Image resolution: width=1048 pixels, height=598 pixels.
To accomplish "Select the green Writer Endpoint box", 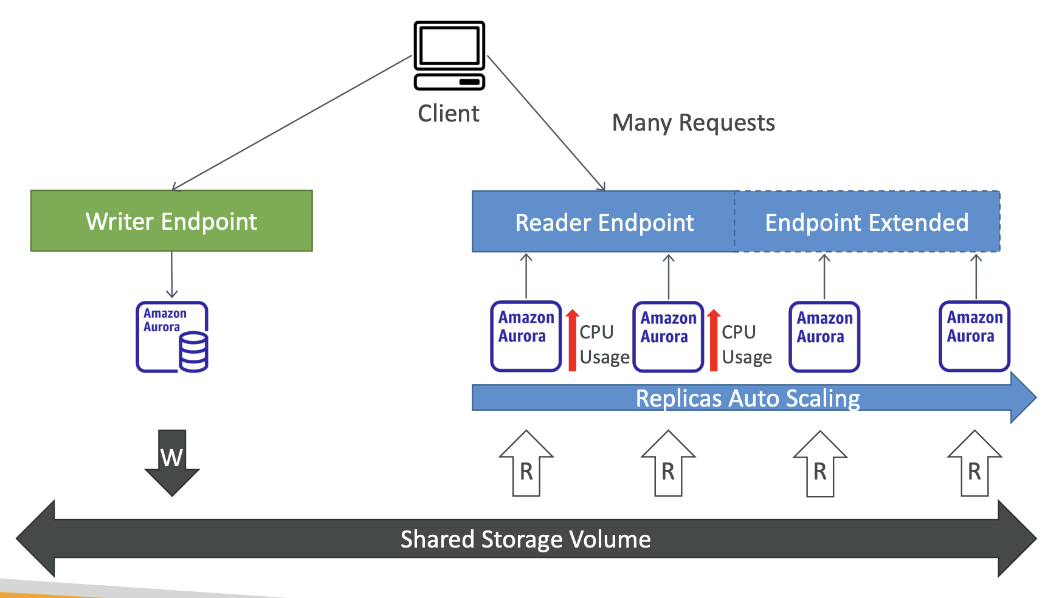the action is click(171, 221).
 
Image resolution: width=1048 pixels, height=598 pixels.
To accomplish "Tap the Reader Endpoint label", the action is click(604, 222).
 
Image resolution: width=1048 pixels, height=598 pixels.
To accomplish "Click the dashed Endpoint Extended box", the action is click(867, 221).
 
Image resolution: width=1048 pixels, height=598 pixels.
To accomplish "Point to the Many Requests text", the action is click(693, 123).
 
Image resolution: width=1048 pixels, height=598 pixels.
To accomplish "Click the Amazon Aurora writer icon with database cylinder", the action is click(172, 337).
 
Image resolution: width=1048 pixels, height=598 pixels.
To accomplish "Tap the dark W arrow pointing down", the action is click(172, 462).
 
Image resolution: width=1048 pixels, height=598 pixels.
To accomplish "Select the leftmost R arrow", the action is click(526, 463).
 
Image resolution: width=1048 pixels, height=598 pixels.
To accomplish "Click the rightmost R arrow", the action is click(974, 463).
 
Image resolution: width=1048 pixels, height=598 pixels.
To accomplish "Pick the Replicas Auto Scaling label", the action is click(748, 399).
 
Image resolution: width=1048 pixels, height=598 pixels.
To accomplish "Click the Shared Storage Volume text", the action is click(525, 540).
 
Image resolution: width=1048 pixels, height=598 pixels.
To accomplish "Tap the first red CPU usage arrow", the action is click(572, 340).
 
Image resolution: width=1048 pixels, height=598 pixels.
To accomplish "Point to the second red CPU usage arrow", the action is click(714, 340).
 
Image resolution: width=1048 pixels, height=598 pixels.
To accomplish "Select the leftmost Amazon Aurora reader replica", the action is click(526, 336).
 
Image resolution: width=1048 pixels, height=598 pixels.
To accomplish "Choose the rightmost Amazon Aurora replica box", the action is click(974, 336).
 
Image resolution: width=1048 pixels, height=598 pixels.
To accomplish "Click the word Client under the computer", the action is click(449, 114).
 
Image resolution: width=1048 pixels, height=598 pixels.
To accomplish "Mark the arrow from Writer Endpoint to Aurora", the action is click(172, 275).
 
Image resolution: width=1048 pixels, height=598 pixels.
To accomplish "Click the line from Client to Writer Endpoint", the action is click(292, 123).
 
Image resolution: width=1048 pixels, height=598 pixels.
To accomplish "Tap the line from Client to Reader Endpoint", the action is click(546, 123).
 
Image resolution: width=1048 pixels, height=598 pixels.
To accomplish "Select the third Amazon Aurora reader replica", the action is click(824, 337).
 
